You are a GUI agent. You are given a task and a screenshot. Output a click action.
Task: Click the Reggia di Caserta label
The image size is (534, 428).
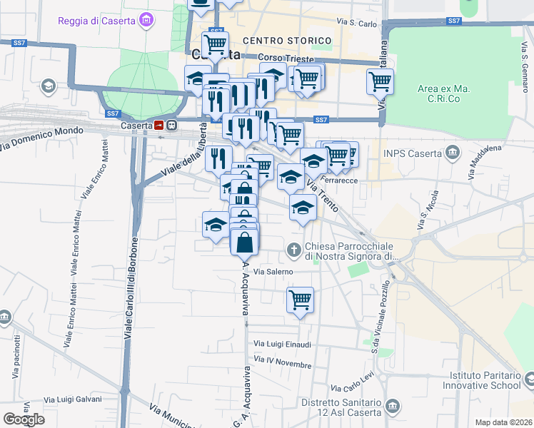click(97, 21)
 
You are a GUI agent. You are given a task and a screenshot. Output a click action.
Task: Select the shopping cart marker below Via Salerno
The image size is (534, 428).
click(301, 300)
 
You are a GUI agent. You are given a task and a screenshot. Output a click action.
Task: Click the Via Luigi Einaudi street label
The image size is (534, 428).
click(283, 345)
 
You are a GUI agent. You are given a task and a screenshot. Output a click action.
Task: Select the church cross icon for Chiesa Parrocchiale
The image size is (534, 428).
click(293, 250)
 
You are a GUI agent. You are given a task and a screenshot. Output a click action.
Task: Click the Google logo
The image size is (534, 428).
click(24, 419)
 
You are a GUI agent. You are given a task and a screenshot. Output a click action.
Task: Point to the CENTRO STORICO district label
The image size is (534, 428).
click(287, 41)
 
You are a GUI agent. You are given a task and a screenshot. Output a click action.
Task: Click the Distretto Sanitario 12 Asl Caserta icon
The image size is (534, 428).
click(392, 407)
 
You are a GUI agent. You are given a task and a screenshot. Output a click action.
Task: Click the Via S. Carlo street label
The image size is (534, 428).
click(358, 24)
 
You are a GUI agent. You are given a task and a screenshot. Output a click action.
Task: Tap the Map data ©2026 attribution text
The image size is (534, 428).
click(504, 422)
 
